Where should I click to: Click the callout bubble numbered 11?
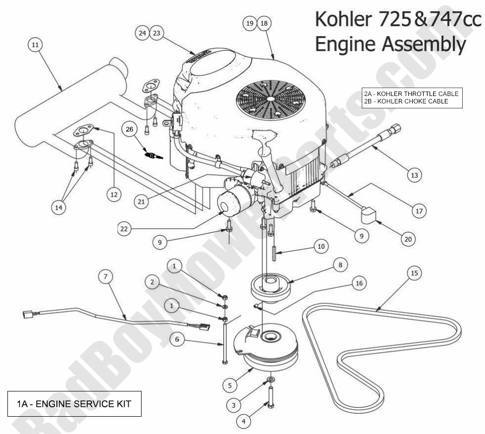(x=34, y=45)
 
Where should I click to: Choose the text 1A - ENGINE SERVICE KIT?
(x=71, y=404)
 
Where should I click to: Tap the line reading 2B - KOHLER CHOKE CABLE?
(x=405, y=101)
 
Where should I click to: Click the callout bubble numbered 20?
(x=407, y=239)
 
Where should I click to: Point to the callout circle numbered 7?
(x=105, y=278)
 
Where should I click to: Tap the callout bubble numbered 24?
(x=143, y=33)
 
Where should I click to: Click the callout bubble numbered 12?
(x=115, y=195)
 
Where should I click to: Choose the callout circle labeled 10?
(x=321, y=246)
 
